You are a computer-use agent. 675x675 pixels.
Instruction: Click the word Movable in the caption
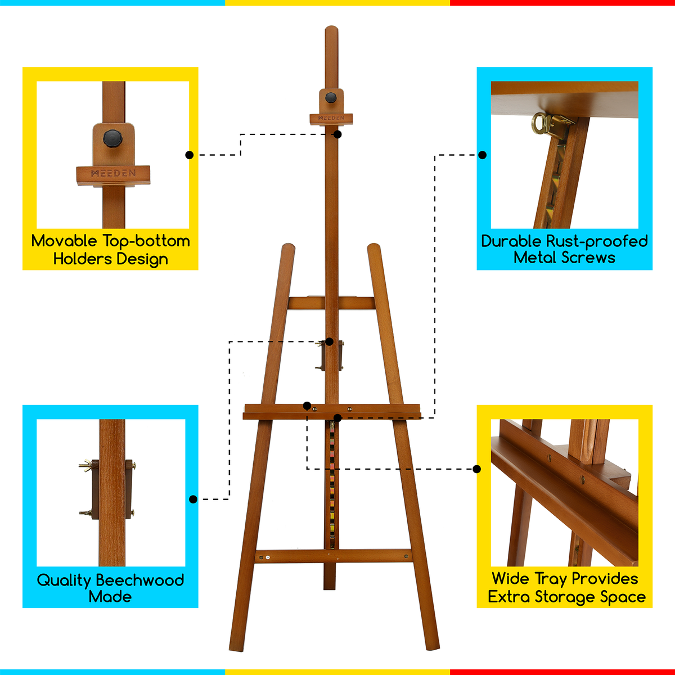click(x=64, y=241)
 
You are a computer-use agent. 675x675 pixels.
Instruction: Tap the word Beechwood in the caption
click(x=140, y=580)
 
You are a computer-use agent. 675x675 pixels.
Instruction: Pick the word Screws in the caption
click(x=588, y=258)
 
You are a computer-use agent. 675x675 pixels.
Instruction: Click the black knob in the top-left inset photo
click(x=112, y=137)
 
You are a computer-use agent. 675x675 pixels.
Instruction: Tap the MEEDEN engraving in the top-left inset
click(x=114, y=173)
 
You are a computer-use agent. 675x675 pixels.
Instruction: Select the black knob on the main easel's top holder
click(x=331, y=97)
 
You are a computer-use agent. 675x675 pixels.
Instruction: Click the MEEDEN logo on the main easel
click(x=331, y=118)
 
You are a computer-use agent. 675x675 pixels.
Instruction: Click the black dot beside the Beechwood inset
click(x=193, y=499)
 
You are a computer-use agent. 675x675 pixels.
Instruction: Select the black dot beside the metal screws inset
click(x=482, y=155)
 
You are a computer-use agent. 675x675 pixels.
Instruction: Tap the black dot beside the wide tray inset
click(x=477, y=469)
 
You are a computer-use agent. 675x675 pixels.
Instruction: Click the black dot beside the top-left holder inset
click(x=189, y=155)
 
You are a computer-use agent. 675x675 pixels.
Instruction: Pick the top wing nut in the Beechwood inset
click(x=85, y=465)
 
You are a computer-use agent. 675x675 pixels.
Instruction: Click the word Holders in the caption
click(x=77, y=259)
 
